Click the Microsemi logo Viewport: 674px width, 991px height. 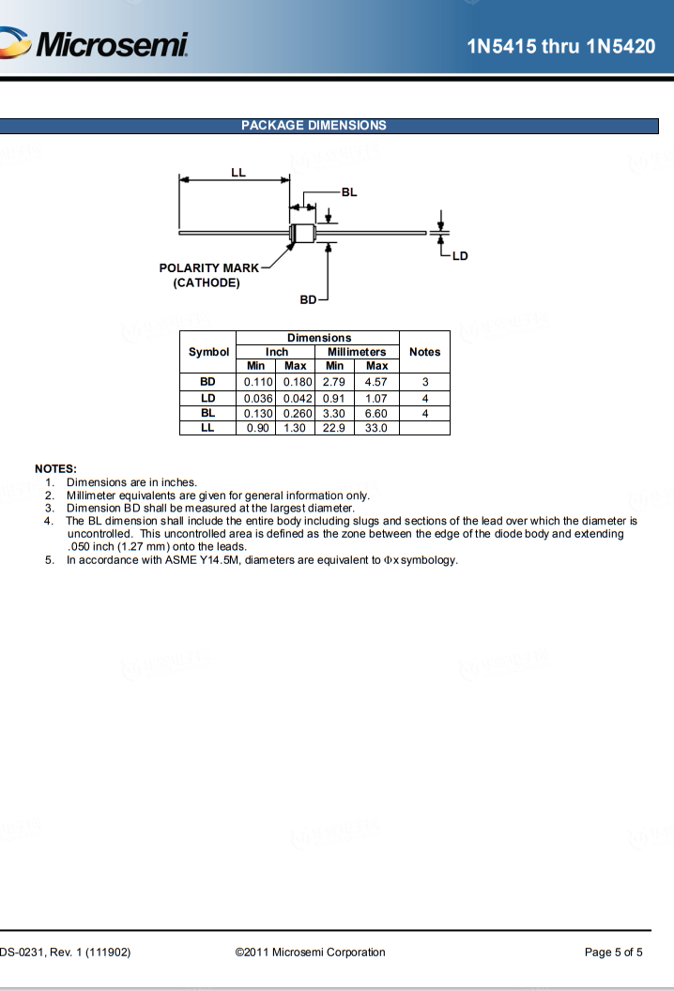tap(99, 43)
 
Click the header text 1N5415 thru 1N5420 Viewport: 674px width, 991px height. tap(560, 46)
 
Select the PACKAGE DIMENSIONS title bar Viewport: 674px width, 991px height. tap(329, 126)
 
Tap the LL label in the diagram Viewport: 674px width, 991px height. tap(238, 173)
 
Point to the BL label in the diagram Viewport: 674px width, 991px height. tap(349, 191)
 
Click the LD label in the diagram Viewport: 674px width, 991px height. tap(460, 255)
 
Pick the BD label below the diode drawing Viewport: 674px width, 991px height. tap(308, 299)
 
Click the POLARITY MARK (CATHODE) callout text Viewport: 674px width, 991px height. tap(208, 275)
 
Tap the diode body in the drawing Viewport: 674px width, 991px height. tap(302, 231)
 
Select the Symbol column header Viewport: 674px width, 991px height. tap(208, 352)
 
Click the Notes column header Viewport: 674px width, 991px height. tap(424, 352)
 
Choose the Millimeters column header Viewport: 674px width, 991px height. tap(357, 352)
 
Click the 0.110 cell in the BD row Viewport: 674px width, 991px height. tap(257, 383)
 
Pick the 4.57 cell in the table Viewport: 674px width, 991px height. tap(376, 383)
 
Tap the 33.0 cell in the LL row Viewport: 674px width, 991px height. tap(376, 428)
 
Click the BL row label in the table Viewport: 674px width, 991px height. tap(207, 413)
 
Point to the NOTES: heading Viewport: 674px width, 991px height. tap(55, 468)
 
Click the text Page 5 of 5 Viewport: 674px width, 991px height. tap(613, 953)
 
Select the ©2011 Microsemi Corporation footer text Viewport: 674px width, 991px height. tap(311, 953)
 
